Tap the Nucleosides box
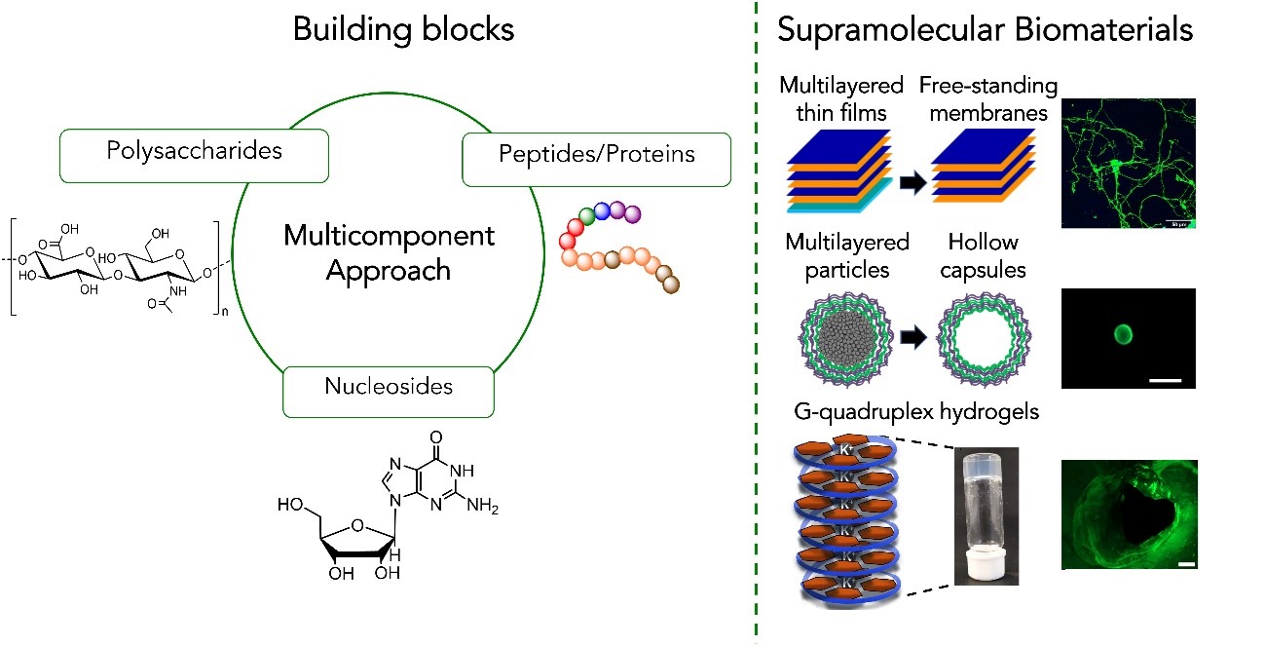(x=389, y=387)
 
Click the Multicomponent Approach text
(x=389, y=252)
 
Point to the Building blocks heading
(x=403, y=30)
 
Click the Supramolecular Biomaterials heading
(x=985, y=30)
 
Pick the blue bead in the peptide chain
(x=603, y=211)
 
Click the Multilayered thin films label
(x=844, y=98)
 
